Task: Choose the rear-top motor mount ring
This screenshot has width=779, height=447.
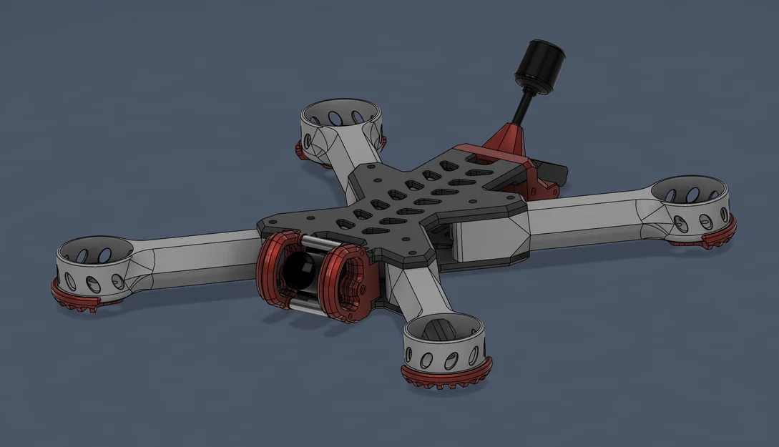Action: click(x=339, y=122)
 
